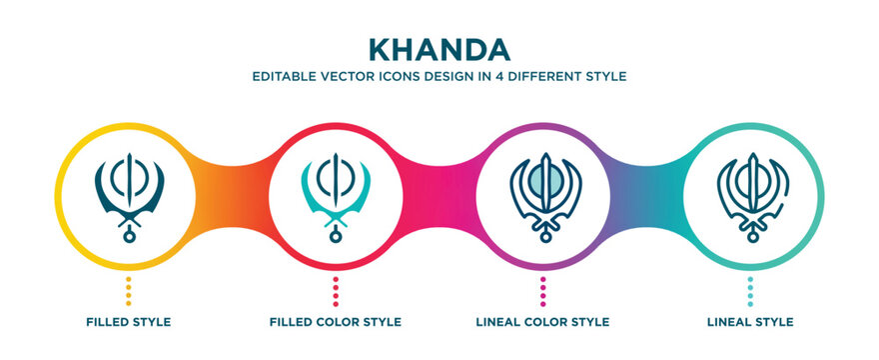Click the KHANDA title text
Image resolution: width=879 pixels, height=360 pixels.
439,49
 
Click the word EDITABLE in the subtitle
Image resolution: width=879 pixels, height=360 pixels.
283,76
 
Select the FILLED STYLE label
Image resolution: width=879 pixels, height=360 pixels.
128,322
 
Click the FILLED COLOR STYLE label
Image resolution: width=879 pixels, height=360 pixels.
336,322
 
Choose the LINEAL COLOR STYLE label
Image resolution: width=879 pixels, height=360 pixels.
542,322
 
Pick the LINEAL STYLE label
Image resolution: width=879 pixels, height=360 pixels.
750,322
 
